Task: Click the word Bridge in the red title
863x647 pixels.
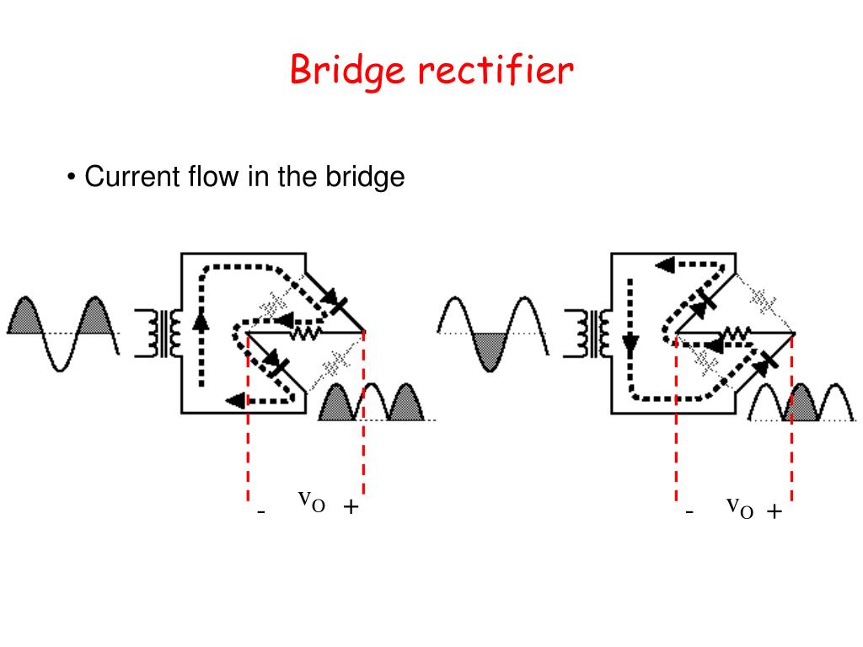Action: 347,71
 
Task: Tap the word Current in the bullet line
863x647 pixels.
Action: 132,177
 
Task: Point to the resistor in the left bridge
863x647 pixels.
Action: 306,333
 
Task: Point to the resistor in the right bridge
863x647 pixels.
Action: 736,333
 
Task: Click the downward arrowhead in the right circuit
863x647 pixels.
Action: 630,345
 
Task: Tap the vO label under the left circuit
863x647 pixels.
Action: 312,501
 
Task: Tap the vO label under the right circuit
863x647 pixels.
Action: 740,507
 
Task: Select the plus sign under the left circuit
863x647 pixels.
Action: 351,506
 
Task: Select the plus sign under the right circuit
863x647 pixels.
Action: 775,511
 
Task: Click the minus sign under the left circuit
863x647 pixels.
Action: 261,512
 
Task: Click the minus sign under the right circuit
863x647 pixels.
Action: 689,512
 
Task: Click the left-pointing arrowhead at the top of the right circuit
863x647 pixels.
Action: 665,265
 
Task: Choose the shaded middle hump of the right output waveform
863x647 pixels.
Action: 801,403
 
